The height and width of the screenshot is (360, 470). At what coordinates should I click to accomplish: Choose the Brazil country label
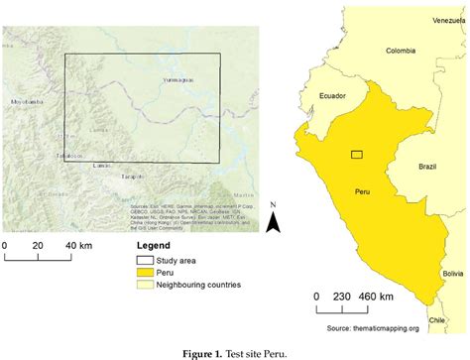tap(427, 167)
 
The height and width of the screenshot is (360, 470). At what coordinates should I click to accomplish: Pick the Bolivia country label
tap(452, 273)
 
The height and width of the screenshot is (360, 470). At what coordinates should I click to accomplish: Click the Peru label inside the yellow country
tap(361, 190)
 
